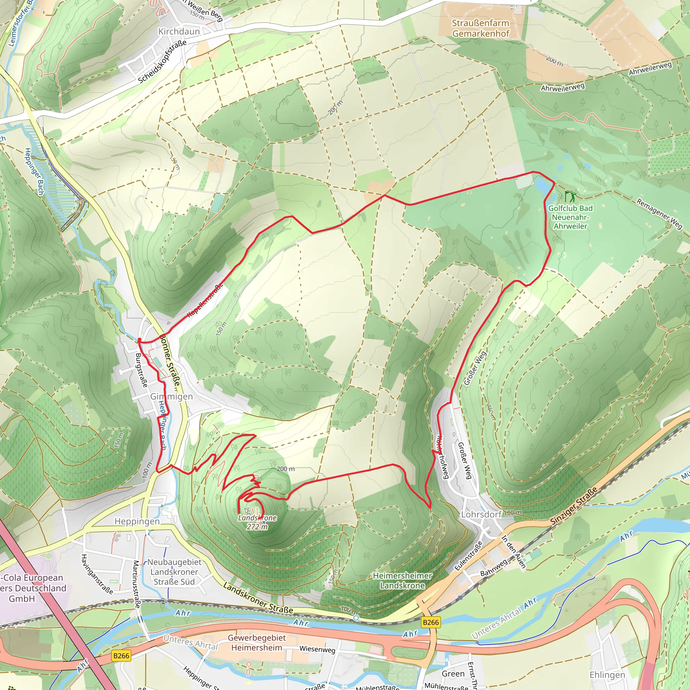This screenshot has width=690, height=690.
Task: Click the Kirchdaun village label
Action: pos(179,31)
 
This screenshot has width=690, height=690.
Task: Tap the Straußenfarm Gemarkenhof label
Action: pos(480,28)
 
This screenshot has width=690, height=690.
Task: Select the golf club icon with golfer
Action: pos(570,196)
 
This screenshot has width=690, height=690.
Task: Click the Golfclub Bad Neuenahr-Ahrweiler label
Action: pos(570,217)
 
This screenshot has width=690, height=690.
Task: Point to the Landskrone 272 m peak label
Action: pos(257,522)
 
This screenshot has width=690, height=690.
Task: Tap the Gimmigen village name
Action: pos(171,397)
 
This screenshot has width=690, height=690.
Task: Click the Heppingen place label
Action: pos(137,522)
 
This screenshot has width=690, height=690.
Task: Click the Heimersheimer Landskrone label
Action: pos(403,581)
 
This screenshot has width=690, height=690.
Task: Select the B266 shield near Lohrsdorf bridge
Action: pos(431,623)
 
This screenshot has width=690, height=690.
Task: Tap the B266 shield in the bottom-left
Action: pos(121,656)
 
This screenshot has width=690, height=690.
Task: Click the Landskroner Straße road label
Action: pos(258,598)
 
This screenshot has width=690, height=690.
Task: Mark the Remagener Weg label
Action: pos(659,214)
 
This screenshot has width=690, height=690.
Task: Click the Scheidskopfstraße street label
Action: pos(162,61)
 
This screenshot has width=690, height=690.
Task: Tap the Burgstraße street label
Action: pos(142,370)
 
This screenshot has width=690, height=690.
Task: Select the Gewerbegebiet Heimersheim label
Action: pos(257,642)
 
